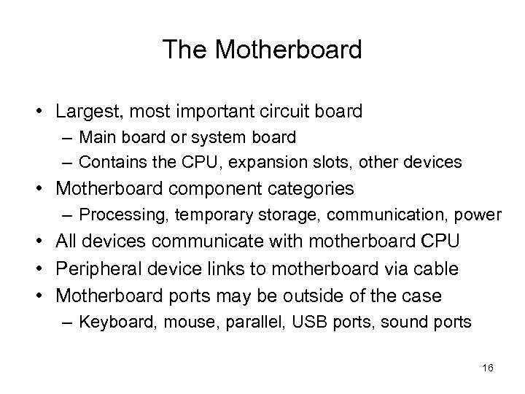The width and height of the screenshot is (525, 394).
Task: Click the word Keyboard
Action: [110, 322]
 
